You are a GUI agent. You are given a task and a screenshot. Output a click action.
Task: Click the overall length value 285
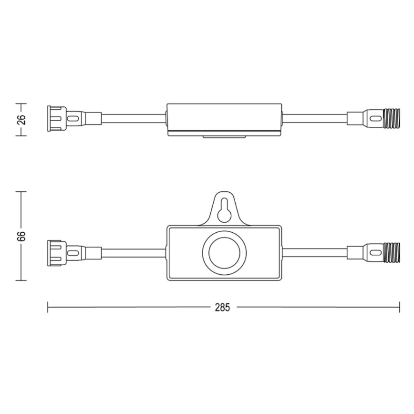coord(223,308)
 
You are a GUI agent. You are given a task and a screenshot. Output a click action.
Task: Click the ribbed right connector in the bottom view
coord(390,251)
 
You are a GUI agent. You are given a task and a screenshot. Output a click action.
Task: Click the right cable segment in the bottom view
coord(315,252)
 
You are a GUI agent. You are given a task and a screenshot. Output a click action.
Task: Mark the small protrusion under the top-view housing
coord(223,137)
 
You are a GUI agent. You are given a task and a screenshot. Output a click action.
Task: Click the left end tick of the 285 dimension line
coord(48,308)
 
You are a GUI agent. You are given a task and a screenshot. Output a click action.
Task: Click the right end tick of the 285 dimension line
coord(400,308)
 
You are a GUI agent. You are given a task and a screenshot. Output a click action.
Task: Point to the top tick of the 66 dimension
coord(21,192)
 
